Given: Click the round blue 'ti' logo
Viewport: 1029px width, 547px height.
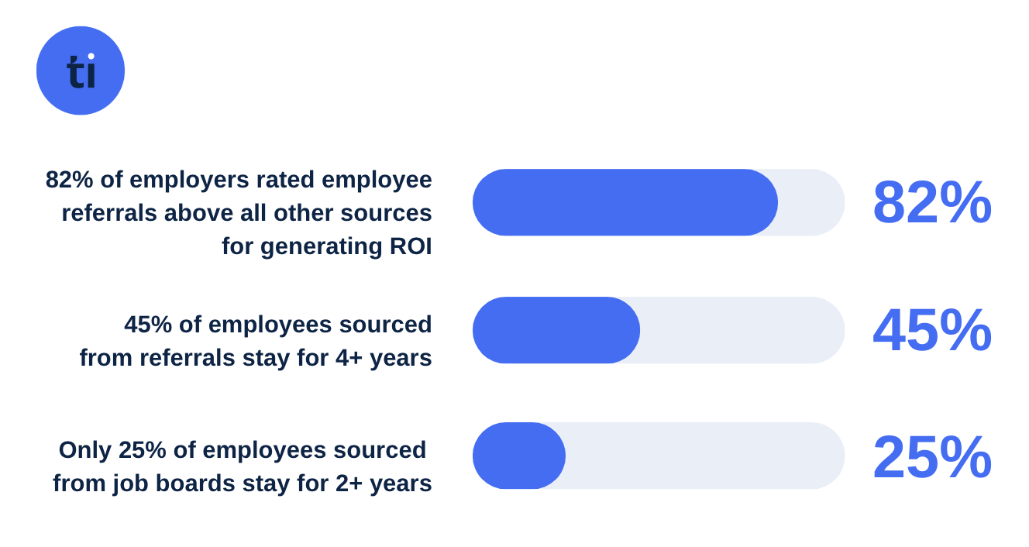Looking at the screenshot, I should (x=81, y=71).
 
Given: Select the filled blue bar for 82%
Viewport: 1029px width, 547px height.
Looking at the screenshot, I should (x=625, y=202).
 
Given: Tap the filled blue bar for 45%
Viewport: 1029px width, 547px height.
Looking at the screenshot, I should (x=556, y=330).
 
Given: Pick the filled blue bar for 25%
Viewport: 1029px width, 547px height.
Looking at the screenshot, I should (x=518, y=456).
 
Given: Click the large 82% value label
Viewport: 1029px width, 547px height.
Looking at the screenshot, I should (x=931, y=202).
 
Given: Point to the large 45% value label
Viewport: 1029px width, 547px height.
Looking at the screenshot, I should (x=931, y=330).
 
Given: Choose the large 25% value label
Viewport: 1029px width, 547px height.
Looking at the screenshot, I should (x=931, y=457).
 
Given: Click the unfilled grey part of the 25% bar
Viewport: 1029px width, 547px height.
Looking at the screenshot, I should (x=705, y=456).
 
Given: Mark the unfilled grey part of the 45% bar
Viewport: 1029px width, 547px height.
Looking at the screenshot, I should (x=742, y=330).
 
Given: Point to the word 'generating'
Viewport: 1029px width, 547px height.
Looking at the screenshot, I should (x=321, y=246).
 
